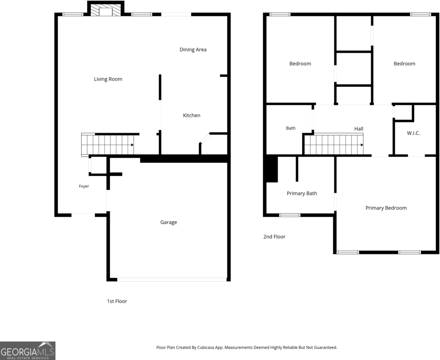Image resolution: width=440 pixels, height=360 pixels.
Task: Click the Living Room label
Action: [108, 79]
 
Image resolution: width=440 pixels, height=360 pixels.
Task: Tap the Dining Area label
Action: [193, 50]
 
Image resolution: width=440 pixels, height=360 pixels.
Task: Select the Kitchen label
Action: [192, 115]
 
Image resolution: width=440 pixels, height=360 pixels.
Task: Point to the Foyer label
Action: [84, 186]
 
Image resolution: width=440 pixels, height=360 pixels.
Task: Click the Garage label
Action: [168, 222]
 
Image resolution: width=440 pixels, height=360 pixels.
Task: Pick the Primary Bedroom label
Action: [386, 208]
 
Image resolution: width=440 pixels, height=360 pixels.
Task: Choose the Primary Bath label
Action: [302, 193]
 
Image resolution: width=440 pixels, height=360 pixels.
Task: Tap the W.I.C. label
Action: [414, 133]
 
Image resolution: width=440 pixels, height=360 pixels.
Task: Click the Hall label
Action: [359, 129]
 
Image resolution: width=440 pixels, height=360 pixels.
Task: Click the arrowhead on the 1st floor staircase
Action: [132, 145]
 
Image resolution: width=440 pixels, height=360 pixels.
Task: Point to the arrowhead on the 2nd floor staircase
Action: [362, 145]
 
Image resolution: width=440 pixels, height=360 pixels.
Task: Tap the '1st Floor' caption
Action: [117, 301]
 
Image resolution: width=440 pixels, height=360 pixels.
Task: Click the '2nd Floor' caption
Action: [274, 237]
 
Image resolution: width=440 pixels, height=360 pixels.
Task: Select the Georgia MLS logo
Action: [27, 351]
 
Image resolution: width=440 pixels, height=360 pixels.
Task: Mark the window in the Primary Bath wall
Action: [290, 215]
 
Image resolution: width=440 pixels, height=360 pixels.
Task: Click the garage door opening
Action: [172, 280]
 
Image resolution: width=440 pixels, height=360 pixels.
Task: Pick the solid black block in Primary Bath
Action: [272, 169]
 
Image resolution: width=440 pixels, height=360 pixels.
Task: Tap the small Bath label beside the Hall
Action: [291, 128]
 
